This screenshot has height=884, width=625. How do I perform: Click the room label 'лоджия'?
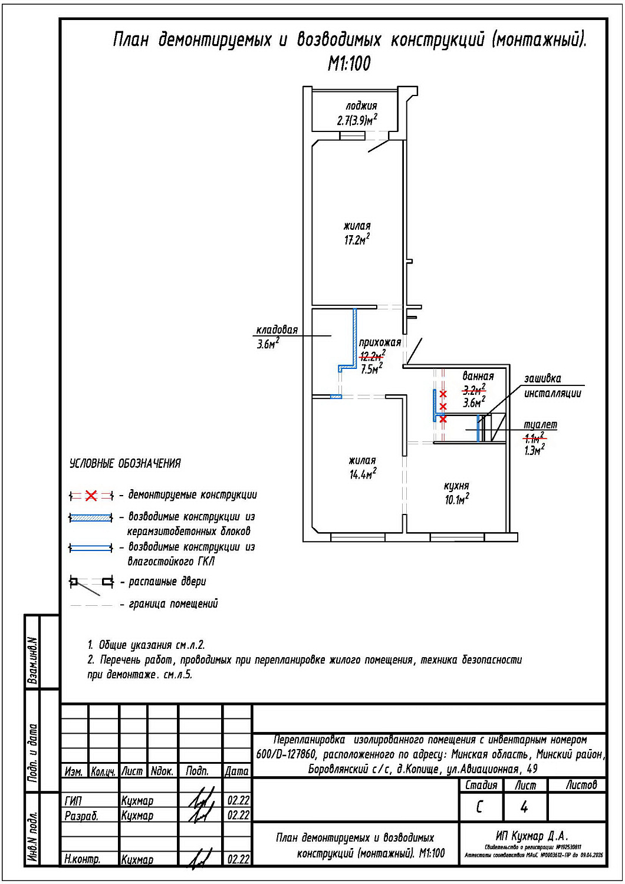pos(361,106)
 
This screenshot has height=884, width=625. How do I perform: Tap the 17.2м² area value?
pos(357,240)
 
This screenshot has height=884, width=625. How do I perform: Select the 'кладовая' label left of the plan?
pos(277,330)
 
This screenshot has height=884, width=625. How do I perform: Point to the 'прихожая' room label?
pos(380,342)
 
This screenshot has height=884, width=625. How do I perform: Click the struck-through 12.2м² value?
pos(372,355)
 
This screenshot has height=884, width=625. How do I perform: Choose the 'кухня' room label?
pos(456,486)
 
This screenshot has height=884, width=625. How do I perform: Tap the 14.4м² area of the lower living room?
pos(362,474)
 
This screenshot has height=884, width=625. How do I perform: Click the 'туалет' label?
pos(540,425)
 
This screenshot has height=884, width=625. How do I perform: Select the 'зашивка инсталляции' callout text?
pos(552,386)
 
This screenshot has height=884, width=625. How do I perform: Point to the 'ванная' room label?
pos(478,376)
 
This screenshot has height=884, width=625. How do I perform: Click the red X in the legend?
pos(91,496)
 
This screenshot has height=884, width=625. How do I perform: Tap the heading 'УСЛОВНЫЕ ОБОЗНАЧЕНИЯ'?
pos(125,464)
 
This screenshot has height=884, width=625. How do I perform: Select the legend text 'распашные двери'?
pos(167,582)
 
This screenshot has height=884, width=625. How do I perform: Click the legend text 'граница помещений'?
pos(173,604)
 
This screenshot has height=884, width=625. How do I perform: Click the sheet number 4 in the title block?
pos(524,807)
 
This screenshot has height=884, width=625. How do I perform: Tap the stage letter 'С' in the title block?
pos(479,807)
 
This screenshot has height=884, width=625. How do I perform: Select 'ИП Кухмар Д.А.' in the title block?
pos(532,836)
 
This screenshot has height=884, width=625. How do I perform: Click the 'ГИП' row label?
pos(74,801)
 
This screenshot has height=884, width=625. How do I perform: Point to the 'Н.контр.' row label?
pos(82,859)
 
